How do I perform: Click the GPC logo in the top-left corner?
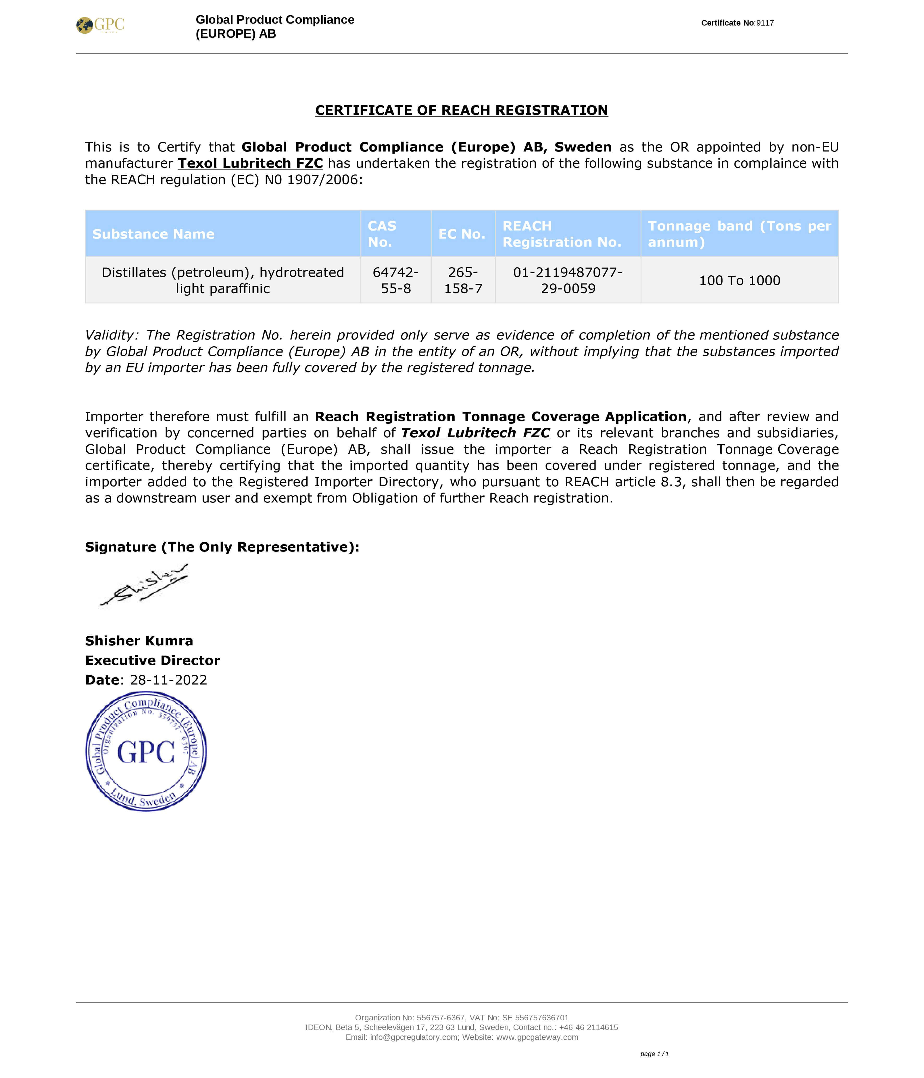pos(100,25)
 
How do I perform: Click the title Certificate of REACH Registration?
pos(461,110)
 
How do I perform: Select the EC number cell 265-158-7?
pos(463,280)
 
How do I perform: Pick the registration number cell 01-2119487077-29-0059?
pos(568,280)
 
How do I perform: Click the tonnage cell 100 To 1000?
pos(739,280)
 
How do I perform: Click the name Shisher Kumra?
pos(139,641)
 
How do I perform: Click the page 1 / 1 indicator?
pos(654,1054)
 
